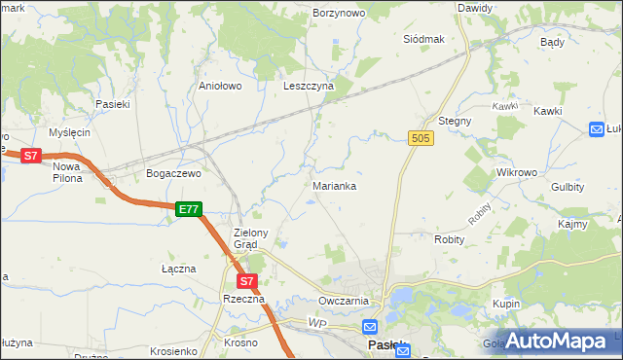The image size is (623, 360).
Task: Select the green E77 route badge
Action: pyautogui.click(x=189, y=209)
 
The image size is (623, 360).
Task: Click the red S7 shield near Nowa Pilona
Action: pyautogui.click(x=31, y=156)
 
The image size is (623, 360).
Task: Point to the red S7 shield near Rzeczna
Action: pyautogui.click(x=247, y=281)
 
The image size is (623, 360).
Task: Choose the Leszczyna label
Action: pyautogui.click(x=308, y=86)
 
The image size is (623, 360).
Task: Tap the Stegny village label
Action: pyautogui.click(x=455, y=121)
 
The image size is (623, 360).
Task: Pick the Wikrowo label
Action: pyautogui.click(x=517, y=172)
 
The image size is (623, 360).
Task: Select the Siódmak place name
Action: pyautogui.click(x=423, y=39)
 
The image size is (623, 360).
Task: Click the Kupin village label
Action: pyautogui.click(x=506, y=305)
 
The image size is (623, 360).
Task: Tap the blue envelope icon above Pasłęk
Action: pyautogui.click(x=370, y=327)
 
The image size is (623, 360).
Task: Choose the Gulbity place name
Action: pyautogui.click(x=568, y=186)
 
